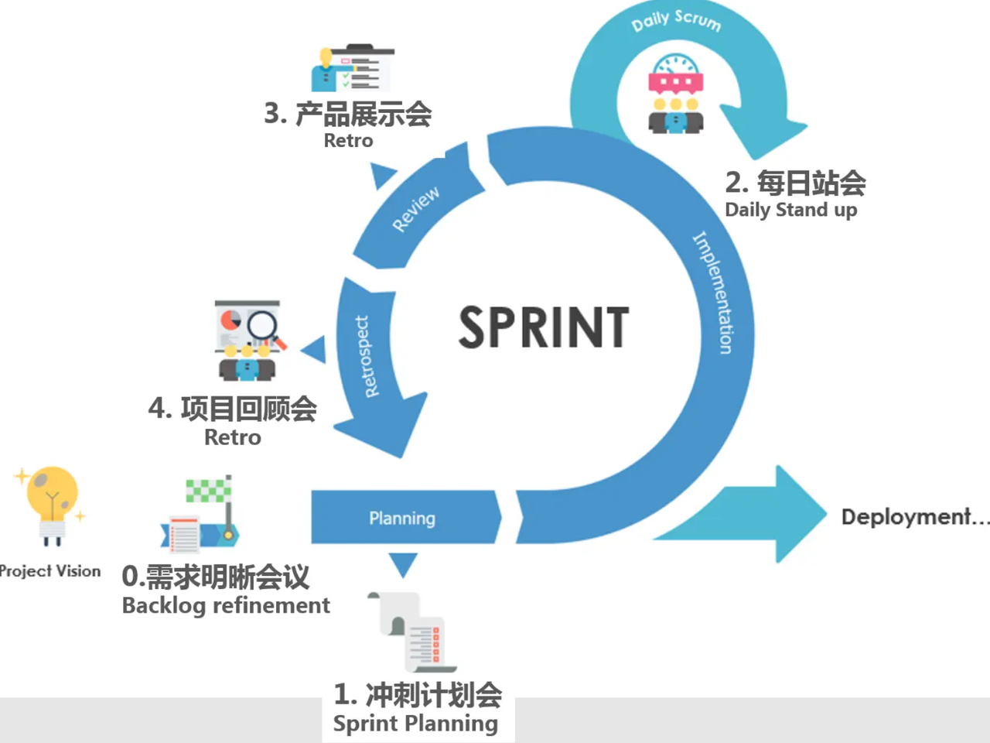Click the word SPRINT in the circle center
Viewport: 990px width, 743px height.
pyautogui.click(x=544, y=327)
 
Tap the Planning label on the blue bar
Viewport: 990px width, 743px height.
pyautogui.click(x=402, y=519)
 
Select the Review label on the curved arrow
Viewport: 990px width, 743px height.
pyautogui.click(x=415, y=209)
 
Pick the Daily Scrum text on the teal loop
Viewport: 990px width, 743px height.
pyautogui.click(x=676, y=21)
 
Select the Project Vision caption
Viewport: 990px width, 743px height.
pyautogui.click(x=49, y=571)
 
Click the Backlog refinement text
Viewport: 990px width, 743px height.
pyautogui.click(x=226, y=605)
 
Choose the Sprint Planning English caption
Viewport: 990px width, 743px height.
pyautogui.click(x=415, y=724)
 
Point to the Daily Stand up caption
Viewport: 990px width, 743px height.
pyautogui.click(x=791, y=210)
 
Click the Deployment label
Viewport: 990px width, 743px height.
pyautogui.click(x=915, y=517)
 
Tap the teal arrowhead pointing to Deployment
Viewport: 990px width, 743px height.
pyautogui.click(x=798, y=514)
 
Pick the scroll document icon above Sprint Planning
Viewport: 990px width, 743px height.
pyautogui.click(x=411, y=632)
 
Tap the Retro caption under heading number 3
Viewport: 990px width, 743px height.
pyautogui.click(x=348, y=141)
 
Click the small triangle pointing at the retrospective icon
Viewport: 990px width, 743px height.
pyautogui.click(x=314, y=349)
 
